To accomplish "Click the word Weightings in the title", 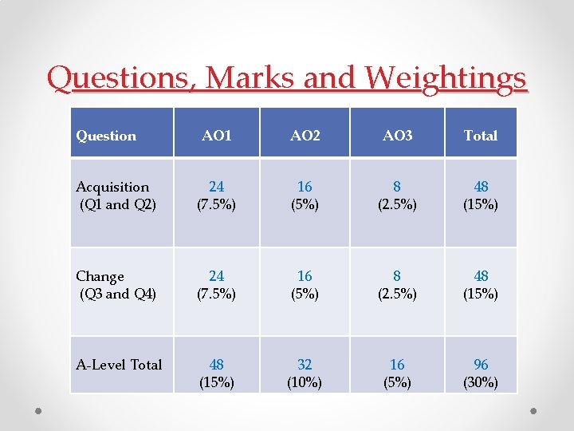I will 446,78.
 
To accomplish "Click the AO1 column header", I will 217,136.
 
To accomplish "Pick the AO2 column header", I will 305,136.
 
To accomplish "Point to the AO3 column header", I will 397,136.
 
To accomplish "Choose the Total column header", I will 481,136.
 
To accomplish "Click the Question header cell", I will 106,136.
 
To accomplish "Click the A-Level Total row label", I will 119,365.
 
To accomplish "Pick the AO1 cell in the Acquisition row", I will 217,196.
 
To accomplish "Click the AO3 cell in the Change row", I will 397,285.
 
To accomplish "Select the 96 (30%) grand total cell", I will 481,373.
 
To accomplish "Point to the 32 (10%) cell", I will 305,373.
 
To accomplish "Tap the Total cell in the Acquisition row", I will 481,196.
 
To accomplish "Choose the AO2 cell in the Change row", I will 305,285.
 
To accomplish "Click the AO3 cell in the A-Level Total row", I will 397,373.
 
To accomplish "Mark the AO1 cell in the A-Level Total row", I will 217,373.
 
